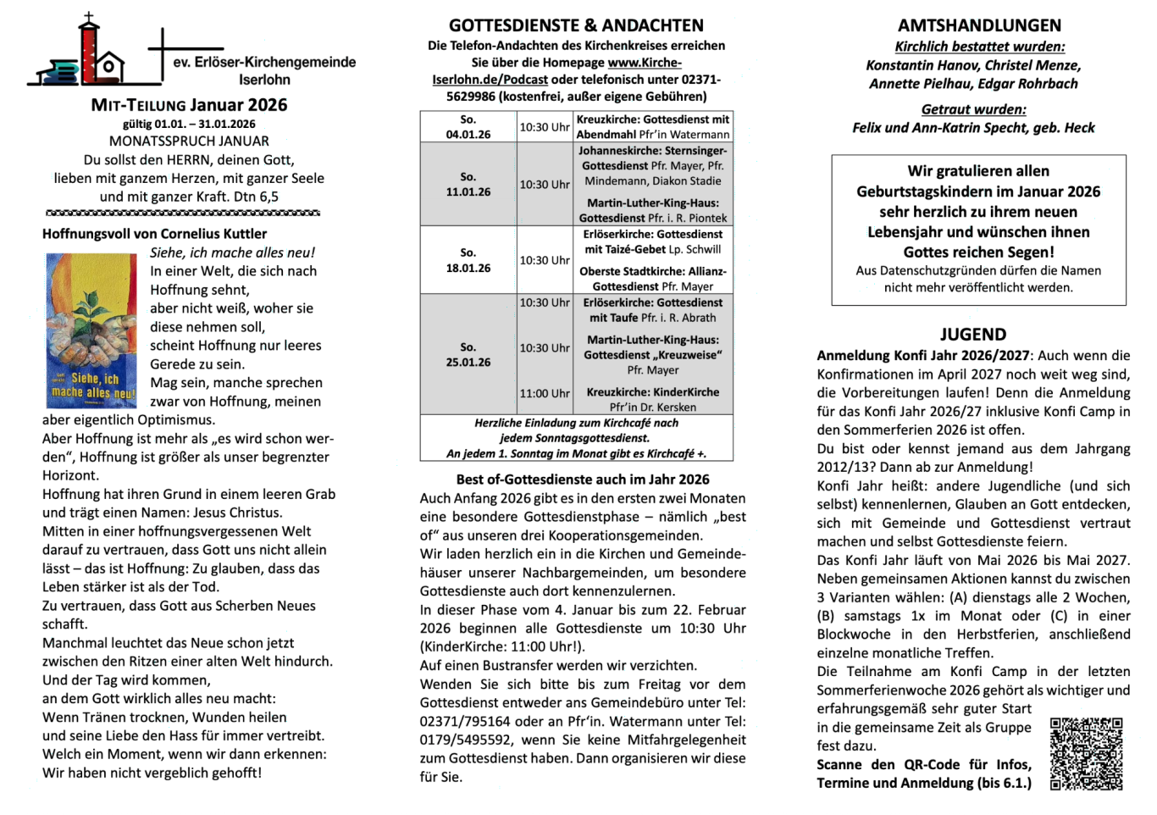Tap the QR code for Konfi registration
coord(1086,753)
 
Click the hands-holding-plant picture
coord(91,330)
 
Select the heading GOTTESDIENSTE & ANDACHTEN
coord(576,25)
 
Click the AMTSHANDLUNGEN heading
coord(979,25)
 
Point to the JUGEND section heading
coord(973,335)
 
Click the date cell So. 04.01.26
coord(468,127)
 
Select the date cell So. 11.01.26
coord(468,184)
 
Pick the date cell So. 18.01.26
coord(468,260)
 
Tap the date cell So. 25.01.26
coord(468,354)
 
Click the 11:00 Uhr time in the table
coord(545,393)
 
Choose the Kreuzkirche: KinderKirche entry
coord(652,399)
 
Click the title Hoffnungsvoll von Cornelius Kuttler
coord(154,234)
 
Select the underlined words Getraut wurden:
coord(973,109)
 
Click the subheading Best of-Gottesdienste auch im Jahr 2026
coord(583,480)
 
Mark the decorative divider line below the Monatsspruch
coord(182,213)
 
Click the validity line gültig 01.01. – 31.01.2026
coord(189,125)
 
